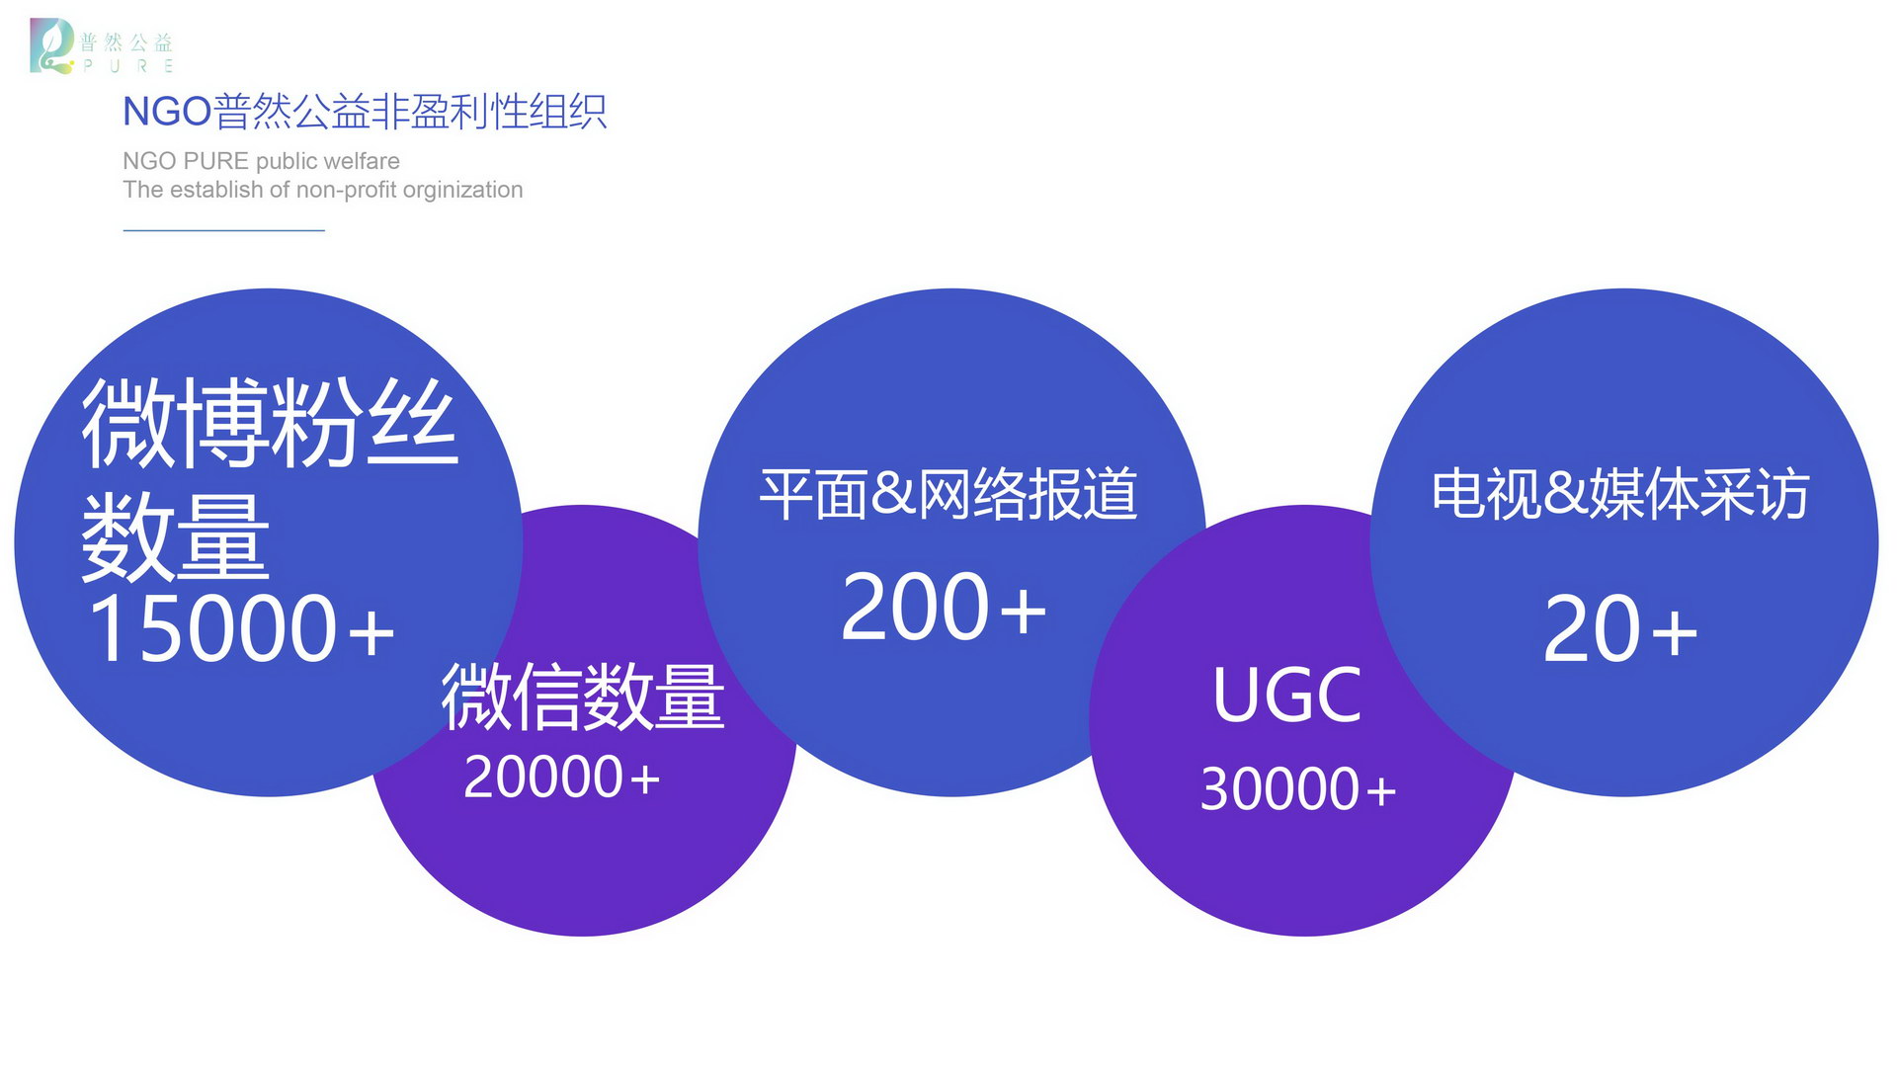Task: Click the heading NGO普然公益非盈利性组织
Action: click(x=365, y=112)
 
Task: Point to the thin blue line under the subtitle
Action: click(x=224, y=230)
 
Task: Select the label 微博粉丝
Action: click(x=270, y=423)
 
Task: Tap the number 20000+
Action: click(x=561, y=777)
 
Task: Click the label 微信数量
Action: click(x=583, y=697)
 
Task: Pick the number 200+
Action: click(x=944, y=606)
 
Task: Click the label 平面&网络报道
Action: click(x=948, y=493)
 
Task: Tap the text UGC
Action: click(x=1286, y=696)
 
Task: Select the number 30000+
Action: click(x=1298, y=788)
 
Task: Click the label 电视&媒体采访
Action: click(x=1620, y=493)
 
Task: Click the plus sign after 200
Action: click(x=1023, y=610)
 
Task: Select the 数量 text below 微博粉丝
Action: click(x=175, y=538)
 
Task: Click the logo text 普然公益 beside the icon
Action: click(x=126, y=42)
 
